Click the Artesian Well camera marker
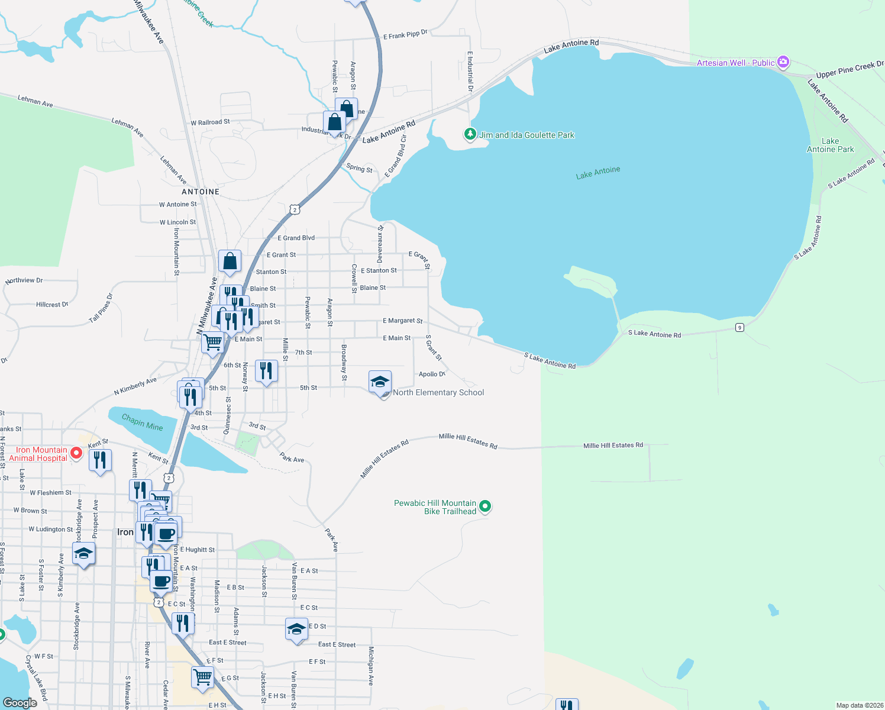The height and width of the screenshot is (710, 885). click(x=783, y=62)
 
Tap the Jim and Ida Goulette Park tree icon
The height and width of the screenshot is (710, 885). click(x=470, y=135)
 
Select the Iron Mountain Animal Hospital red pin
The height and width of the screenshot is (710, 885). click(x=76, y=454)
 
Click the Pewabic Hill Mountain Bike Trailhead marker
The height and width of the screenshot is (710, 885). click(x=485, y=506)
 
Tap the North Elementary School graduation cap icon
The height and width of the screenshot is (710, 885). click(x=380, y=382)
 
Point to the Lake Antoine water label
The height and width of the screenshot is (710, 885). click(x=598, y=173)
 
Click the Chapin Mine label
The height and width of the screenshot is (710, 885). click(x=142, y=422)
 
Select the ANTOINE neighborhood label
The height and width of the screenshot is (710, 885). click(x=201, y=192)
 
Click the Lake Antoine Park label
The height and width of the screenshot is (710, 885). click(x=830, y=145)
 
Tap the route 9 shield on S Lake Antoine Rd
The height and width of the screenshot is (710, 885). click(x=739, y=327)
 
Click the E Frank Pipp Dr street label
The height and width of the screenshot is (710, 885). click(x=405, y=35)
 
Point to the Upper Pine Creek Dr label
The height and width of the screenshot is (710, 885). click(x=850, y=69)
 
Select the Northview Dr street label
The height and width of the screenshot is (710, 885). click(x=24, y=280)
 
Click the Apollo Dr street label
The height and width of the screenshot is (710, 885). click(x=432, y=374)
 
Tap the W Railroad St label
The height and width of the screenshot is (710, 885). click(x=210, y=122)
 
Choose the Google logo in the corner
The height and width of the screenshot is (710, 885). click(x=20, y=702)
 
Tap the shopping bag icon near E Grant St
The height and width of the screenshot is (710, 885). click(x=230, y=261)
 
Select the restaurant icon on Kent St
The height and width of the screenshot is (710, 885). click(x=100, y=460)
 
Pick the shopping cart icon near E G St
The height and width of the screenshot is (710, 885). click(x=203, y=677)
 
